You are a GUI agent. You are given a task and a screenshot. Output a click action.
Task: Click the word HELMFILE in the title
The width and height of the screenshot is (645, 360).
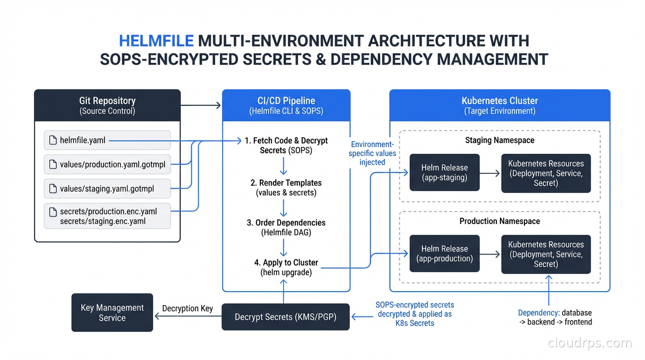point(156,41)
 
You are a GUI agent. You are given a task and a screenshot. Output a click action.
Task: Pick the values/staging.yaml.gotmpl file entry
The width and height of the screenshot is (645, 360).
point(107,189)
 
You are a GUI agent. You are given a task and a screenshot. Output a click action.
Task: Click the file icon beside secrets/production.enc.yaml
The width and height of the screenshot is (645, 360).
point(53,212)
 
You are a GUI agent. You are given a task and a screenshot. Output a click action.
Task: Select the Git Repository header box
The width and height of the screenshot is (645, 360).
point(107,105)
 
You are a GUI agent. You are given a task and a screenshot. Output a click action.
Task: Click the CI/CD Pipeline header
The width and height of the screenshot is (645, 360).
point(286,105)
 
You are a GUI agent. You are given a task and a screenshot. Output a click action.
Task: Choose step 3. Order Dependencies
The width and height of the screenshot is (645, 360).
point(286,227)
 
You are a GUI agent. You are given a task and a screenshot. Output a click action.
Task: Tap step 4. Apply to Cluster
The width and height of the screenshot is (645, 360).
point(286,267)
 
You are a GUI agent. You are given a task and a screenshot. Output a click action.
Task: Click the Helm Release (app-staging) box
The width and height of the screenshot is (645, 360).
point(444,172)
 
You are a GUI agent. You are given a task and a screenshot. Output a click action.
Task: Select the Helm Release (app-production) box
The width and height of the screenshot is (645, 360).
point(444,254)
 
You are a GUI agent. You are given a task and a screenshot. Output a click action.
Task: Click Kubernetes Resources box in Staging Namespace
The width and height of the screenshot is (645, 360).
point(546,173)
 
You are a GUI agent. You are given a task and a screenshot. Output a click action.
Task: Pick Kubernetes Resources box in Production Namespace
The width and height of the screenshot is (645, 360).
point(546,254)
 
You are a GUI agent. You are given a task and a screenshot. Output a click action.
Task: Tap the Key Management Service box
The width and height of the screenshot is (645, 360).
point(112,313)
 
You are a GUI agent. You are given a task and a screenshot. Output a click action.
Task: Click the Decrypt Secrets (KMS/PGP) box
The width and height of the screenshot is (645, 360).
point(285,317)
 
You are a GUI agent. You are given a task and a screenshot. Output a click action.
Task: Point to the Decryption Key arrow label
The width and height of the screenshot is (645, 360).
point(187,308)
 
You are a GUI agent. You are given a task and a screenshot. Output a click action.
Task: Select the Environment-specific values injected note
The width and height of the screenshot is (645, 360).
point(372,153)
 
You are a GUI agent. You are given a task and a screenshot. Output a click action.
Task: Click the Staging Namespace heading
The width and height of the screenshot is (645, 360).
point(500,140)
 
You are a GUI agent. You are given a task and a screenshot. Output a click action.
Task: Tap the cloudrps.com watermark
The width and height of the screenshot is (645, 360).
point(590,343)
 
